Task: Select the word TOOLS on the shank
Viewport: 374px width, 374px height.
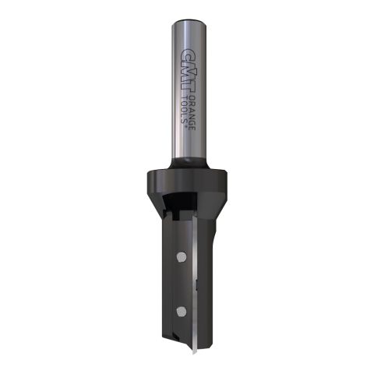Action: pos(185,110)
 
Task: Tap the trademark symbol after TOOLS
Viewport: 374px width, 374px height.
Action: pos(185,128)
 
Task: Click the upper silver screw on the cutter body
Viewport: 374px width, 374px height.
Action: pos(182,257)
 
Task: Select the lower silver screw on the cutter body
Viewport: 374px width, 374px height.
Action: pos(182,311)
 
